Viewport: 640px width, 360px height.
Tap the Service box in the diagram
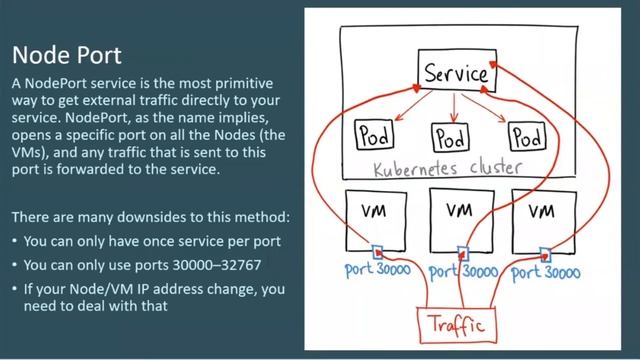456,73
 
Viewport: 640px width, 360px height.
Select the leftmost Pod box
373,134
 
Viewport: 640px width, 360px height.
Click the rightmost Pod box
528,134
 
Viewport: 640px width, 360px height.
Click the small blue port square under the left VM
379,252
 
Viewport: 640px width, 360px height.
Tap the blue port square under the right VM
545,252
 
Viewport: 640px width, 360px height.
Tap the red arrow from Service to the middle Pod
455,105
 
